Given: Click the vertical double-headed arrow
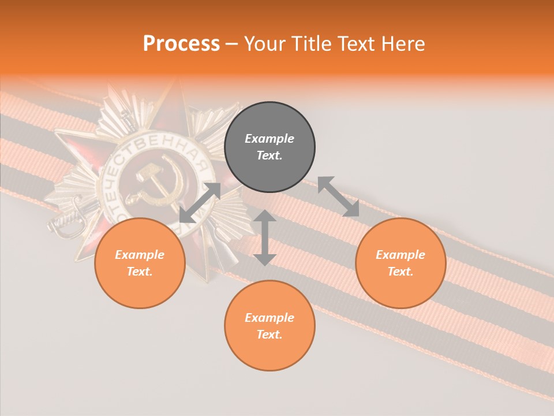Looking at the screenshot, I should [x=265, y=237].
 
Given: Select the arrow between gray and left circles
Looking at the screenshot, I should [x=200, y=203].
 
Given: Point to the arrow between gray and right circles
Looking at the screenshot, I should [x=338, y=196].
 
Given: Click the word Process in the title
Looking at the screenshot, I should [x=181, y=43].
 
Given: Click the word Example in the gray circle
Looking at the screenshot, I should [x=269, y=139].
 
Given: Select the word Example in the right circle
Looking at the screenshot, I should [x=400, y=255].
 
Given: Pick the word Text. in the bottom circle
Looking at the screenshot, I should [x=269, y=335].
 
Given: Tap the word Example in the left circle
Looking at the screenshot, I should [x=140, y=255].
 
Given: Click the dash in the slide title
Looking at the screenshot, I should [x=231, y=44].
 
